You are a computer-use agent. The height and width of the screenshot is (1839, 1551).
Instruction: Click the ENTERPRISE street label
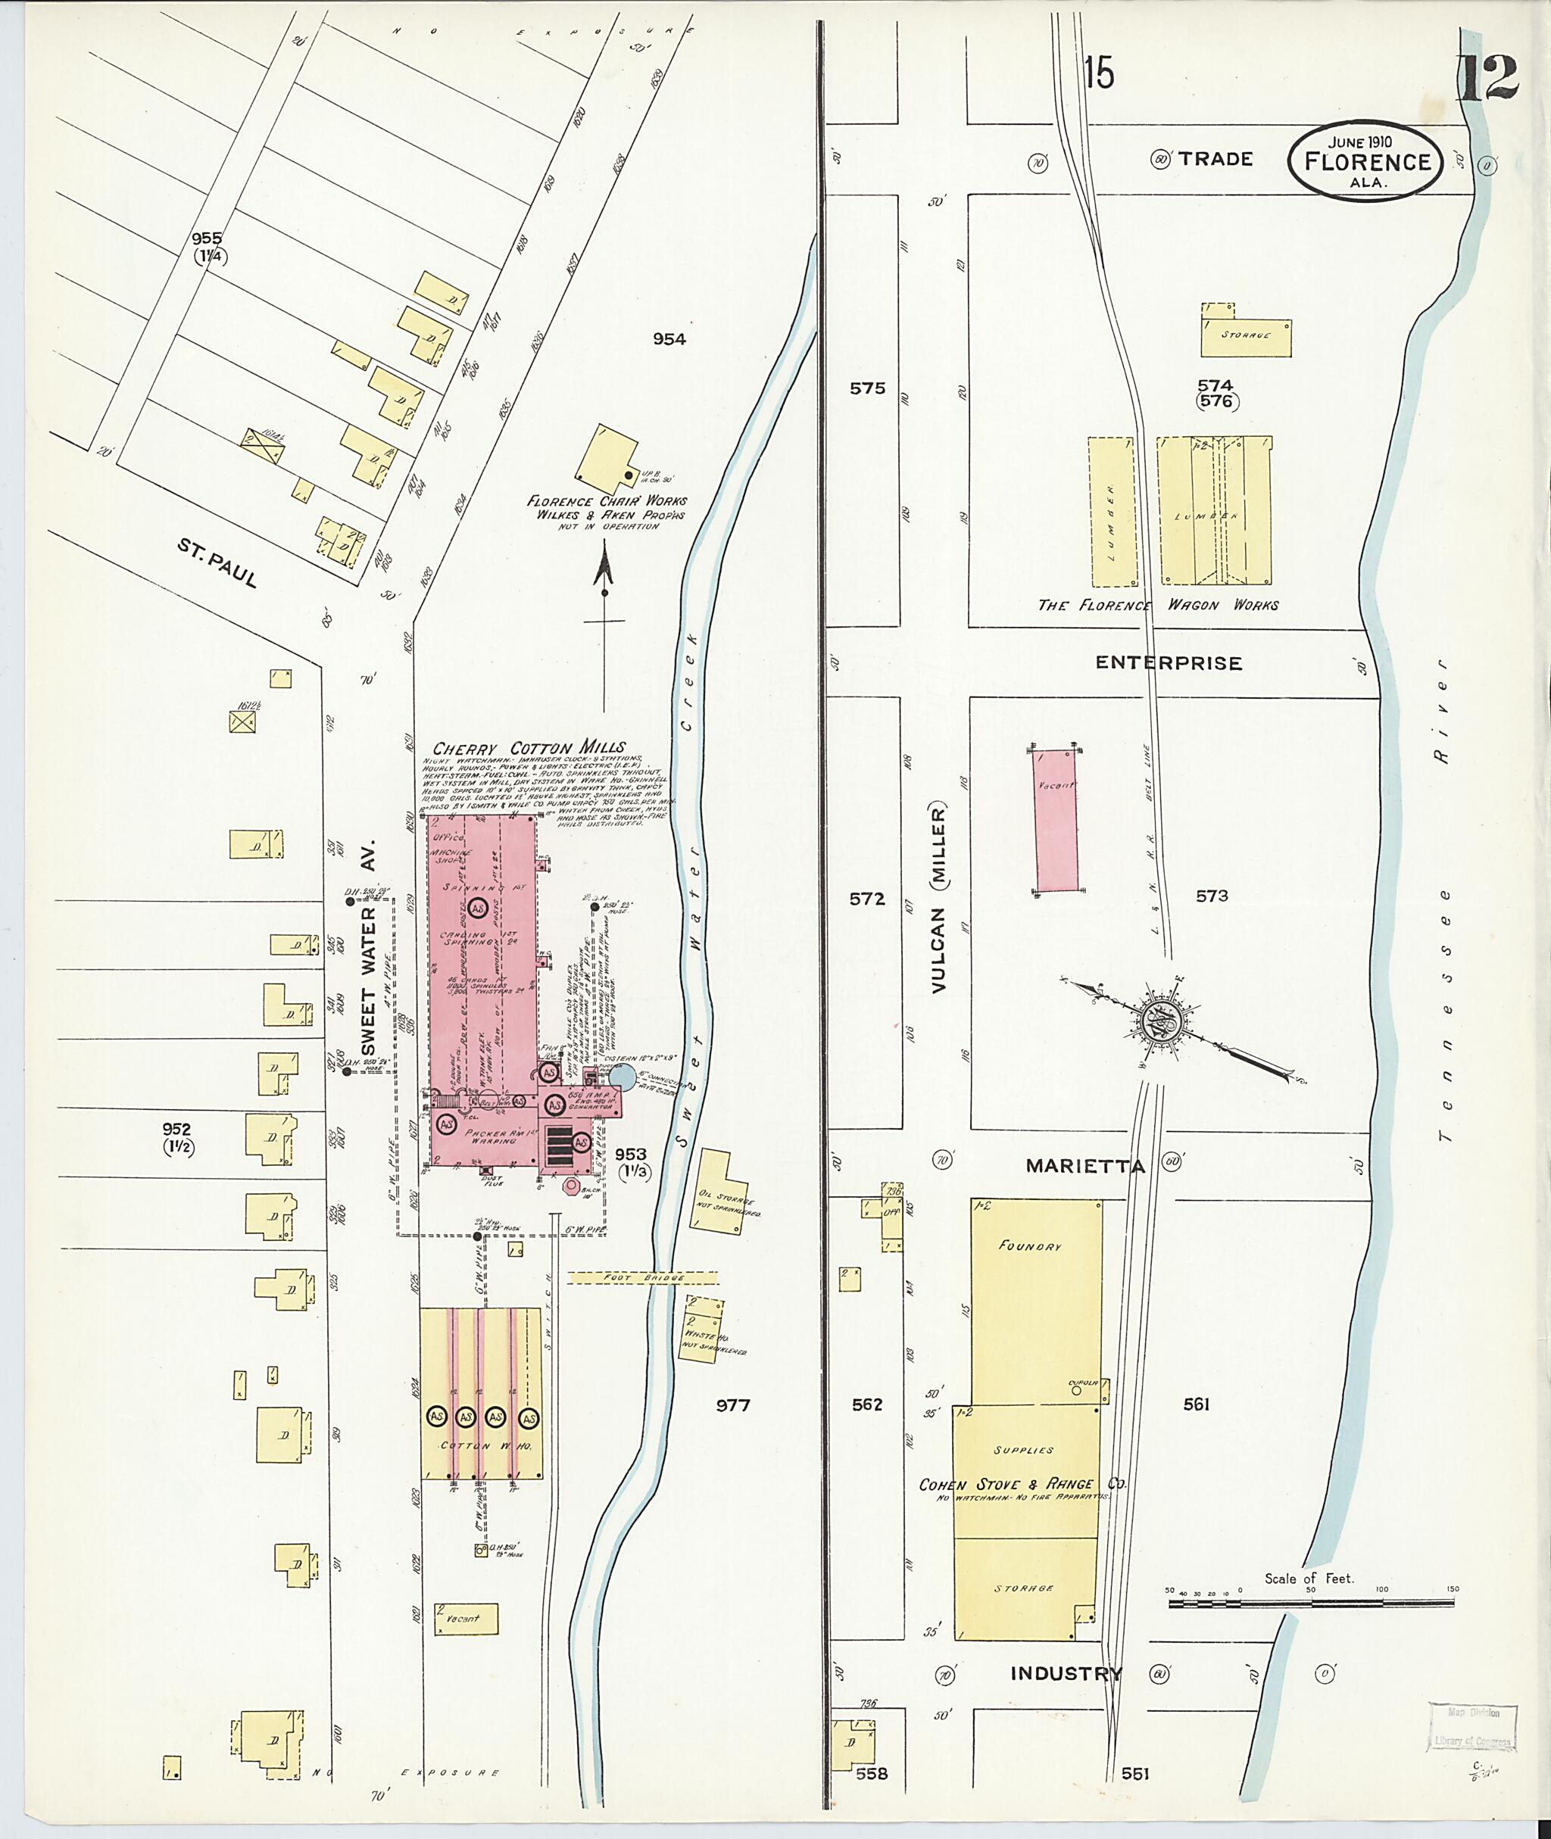pos(1169,662)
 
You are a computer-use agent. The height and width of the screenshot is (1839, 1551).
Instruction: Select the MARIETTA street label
pos(1085,1167)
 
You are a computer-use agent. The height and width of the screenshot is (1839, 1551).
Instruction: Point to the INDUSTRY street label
pos(1066,1674)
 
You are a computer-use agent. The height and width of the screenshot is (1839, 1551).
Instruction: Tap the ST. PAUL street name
pos(217,563)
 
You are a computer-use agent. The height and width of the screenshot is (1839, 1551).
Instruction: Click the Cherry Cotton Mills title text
pos(529,747)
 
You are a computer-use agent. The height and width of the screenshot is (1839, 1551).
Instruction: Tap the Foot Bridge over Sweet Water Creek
pos(642,1277)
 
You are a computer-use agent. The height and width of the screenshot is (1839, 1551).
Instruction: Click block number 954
pos(669,339)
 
